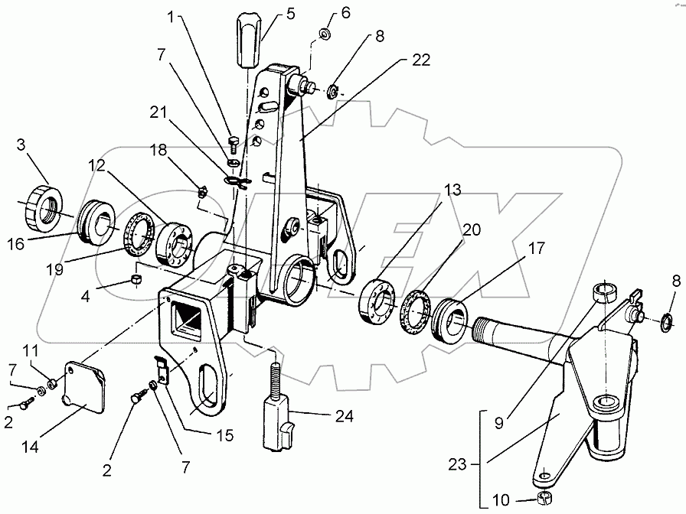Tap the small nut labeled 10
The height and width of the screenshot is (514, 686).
[x=545, y=499]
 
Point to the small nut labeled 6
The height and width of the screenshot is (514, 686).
[x=324, y=34]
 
